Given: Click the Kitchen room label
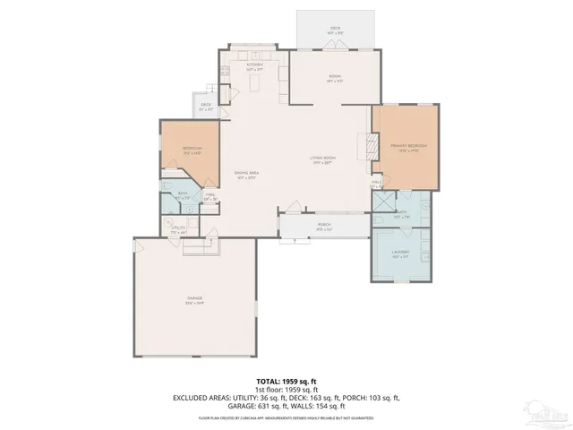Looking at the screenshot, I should click(x=254, y=66).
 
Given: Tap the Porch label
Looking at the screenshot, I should click(x=324, y=226).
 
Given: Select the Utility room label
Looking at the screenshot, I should click(x=178, y=229).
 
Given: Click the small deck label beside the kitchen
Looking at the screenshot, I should click(x=206, y=106).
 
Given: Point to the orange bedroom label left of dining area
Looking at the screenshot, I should click(x=192, y=150).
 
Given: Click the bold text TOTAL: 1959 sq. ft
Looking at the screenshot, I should click(x=286, y=380).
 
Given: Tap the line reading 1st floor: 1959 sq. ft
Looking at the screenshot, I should click(x=286, y=389).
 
